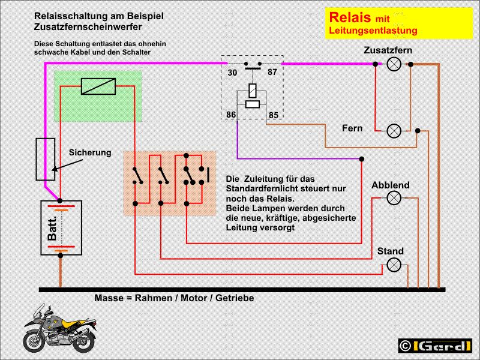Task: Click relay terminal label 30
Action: (x=232, y=73)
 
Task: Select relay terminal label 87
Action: (x=272, y=73)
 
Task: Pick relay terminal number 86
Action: (x=232, y=115)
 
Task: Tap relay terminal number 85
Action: (x=273, y=115)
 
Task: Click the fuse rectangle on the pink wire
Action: (x=46, y=159)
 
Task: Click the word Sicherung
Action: (x=90, y=152)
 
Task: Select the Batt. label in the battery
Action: (x=52, y=229)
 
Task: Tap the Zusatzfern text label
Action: (x=388, y=50)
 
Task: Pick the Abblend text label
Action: (x=390, y=185)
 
